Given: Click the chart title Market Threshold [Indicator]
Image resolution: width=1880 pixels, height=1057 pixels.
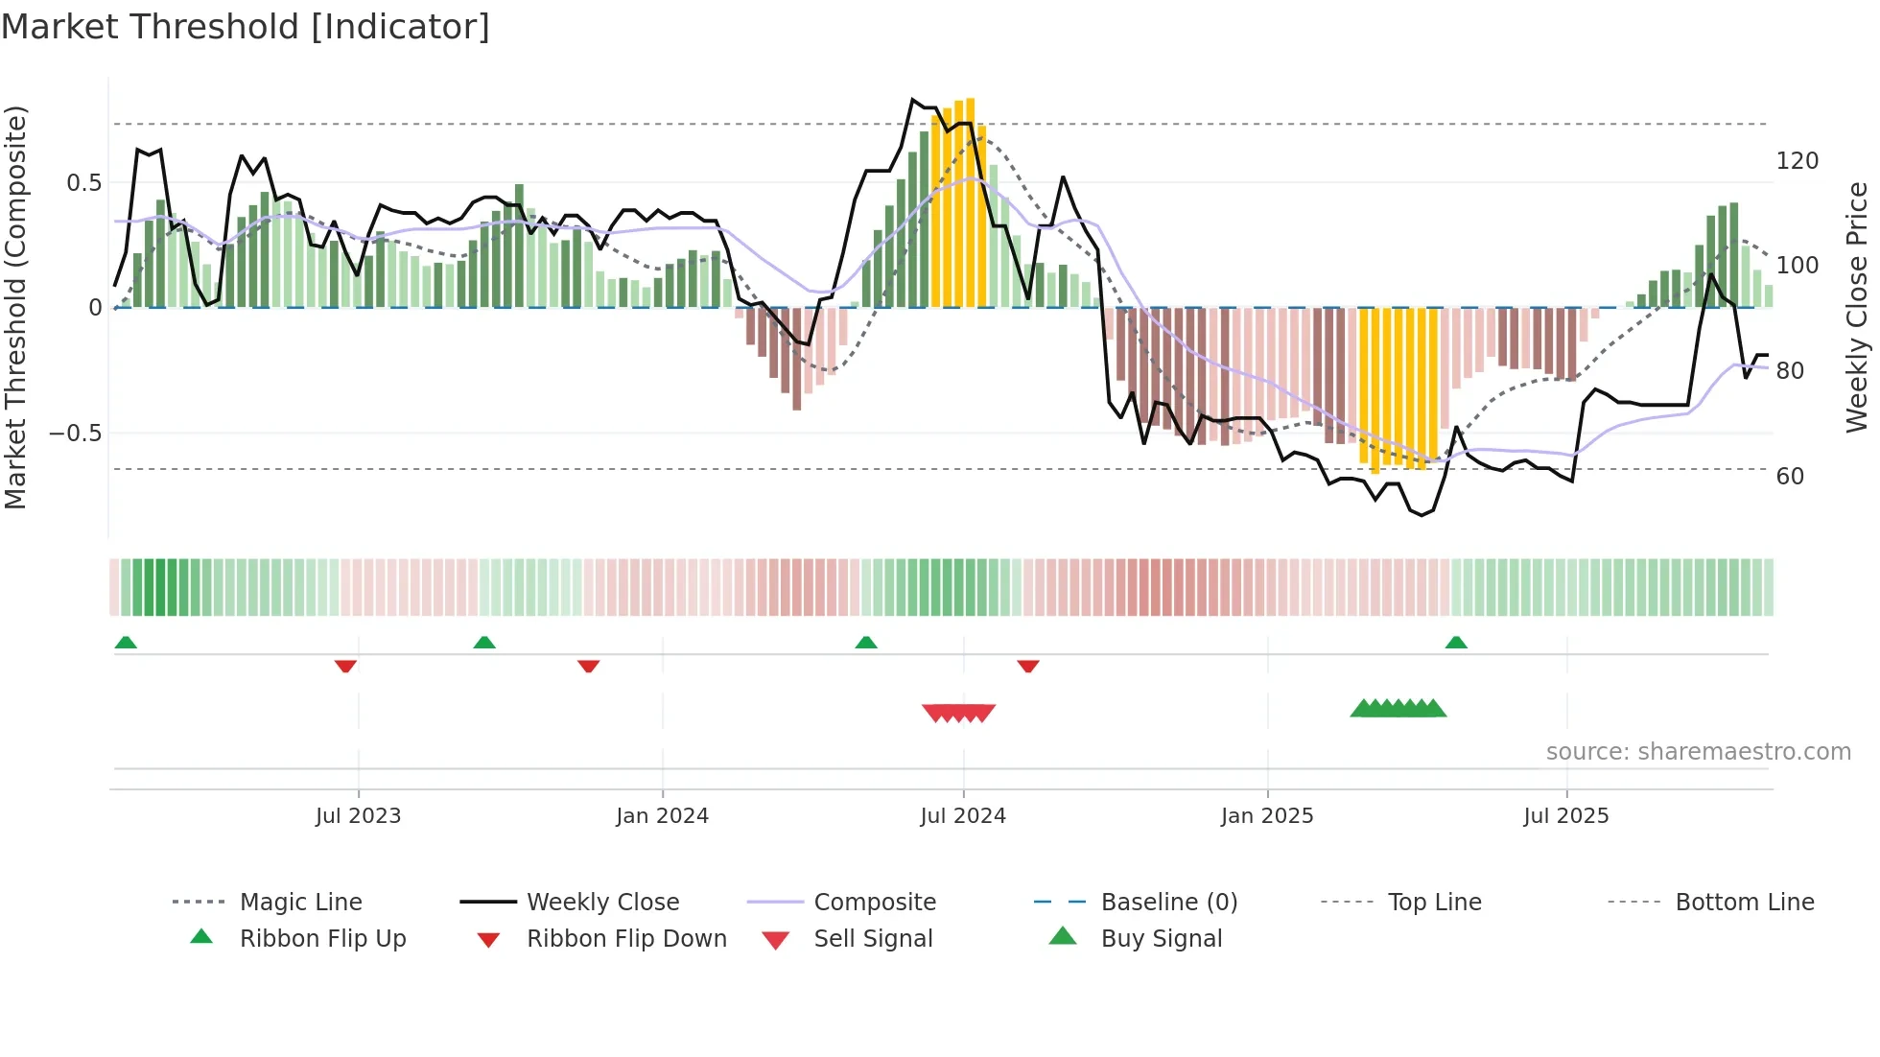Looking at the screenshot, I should (x=246, y=27).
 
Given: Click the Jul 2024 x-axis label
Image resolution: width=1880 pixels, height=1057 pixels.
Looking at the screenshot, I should (x=963, y=816).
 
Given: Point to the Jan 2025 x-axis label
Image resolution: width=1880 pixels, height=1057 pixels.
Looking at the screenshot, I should (x=1267, y=816).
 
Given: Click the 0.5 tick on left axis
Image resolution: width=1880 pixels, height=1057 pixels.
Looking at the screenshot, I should (x=84, y=183).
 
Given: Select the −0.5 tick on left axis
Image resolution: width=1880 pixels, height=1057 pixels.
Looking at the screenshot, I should (x=76, y=434).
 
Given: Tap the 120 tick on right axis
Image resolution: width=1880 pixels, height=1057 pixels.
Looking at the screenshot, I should (x=1797, y=161).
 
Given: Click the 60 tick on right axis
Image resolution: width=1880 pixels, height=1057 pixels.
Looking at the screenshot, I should (x=1790, y=477).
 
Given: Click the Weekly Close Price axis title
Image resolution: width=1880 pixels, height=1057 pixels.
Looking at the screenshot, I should (x=1857, y=307).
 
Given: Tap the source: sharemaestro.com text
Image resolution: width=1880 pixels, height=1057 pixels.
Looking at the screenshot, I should (x=1698, y=752).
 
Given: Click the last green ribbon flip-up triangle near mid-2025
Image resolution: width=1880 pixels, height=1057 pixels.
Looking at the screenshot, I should (x=1456, y=643).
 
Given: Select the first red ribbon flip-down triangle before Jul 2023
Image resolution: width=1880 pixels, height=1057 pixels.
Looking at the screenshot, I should (x=345, y=666).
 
